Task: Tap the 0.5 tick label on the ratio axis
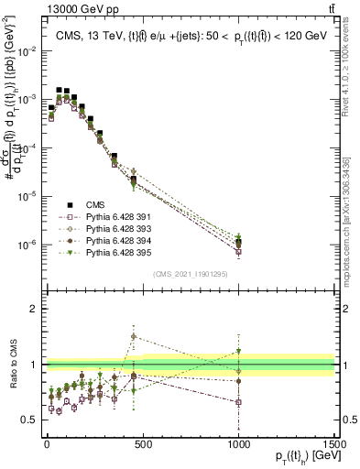coord(30,420)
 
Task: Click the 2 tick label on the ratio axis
coord(34,309)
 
